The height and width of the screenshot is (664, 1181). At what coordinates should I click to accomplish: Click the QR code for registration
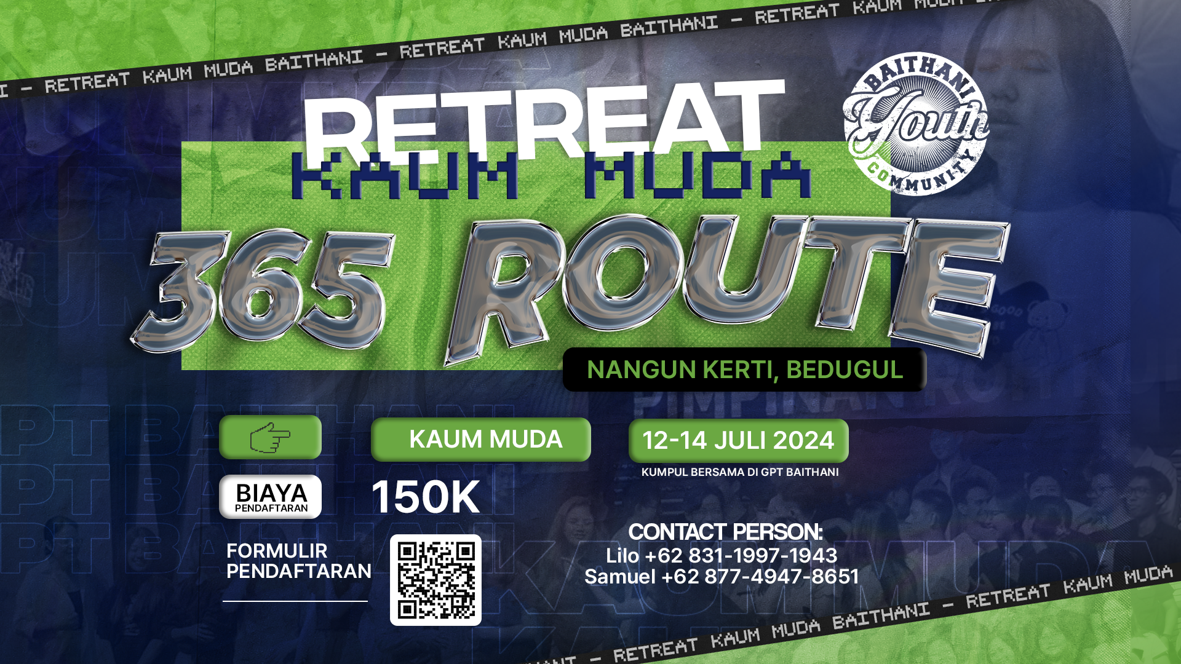(435, 580)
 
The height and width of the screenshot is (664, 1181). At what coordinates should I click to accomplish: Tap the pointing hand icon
(270, 437)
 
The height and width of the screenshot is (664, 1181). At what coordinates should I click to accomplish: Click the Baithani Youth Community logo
(916, 124)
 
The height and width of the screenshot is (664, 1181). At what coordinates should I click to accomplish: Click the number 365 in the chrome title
(264, 289)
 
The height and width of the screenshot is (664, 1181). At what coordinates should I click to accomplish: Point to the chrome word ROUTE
(726, 283)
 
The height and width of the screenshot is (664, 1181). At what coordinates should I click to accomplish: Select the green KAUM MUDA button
(481, 440)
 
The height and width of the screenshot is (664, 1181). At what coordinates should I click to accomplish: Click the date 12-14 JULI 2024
(738, 441)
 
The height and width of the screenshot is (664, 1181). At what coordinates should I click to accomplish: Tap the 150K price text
(426, 497)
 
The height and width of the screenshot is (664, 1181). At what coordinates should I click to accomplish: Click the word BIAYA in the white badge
(271, 492)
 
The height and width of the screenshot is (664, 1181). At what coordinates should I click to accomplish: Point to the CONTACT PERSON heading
(725, 532)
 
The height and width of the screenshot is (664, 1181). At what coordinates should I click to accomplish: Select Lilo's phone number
(741, 556)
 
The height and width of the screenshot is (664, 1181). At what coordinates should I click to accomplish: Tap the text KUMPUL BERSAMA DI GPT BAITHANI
(740, 472)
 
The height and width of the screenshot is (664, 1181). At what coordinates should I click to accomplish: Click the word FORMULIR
(277, 551)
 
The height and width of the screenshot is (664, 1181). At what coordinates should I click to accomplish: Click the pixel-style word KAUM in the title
(405, 176)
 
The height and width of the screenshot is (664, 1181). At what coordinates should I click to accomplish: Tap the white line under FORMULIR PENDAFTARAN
(295, 601)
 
